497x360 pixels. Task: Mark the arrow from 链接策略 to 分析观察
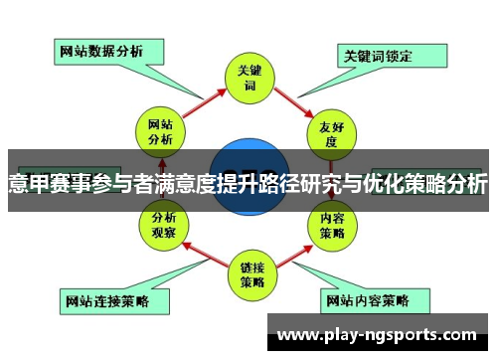tap(202, 252)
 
